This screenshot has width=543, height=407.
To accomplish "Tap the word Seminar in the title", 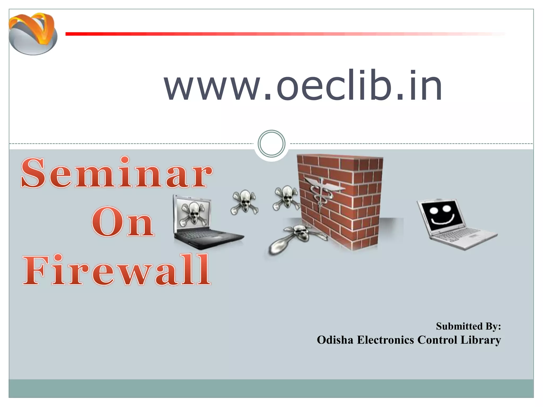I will pos(117,173).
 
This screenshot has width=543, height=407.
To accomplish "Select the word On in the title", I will pos(122,222).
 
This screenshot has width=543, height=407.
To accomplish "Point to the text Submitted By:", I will pos(468,326).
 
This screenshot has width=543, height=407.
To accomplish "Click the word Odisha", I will pos(335,340).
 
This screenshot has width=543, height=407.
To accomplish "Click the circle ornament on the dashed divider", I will pos(271,144).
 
